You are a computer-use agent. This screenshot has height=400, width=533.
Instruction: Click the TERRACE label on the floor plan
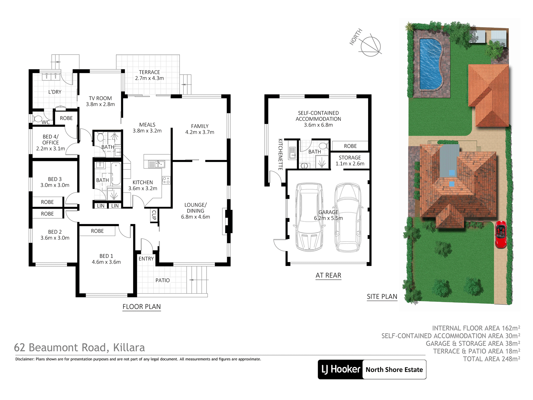[x=149, y=72]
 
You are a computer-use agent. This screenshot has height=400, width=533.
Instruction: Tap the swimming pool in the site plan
[x=431, y=64]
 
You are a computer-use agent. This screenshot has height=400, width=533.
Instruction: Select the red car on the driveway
[x=501, y=234]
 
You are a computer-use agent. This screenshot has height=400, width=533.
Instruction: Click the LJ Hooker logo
[x=340, y=369]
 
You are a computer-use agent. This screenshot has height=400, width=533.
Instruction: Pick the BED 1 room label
[x=106, y=256]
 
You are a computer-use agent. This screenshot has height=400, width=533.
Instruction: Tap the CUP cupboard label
[x=154, y=215]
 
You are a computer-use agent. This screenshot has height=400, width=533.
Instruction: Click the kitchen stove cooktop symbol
[x=166, y=180]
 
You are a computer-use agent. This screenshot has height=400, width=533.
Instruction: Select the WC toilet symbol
[x=37, y=119]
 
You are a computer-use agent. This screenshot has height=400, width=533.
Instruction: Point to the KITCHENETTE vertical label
[x=280, y=154]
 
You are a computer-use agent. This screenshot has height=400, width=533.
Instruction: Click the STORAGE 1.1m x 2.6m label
[x=350, y=161]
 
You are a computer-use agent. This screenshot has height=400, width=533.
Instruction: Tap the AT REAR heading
[x=328, y=275]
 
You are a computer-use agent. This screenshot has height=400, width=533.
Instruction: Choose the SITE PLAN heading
[x=382, y=297]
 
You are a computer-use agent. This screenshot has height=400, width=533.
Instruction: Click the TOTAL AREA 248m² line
[x=491, y=359]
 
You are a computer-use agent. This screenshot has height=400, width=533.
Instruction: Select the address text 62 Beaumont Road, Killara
[x=79, y=348]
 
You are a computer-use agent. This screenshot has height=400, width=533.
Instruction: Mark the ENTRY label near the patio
[x=146, y=259]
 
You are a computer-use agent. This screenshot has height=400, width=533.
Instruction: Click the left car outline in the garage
[x=309, y=217]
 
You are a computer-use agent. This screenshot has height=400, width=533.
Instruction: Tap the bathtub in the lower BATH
[x=116, y=174]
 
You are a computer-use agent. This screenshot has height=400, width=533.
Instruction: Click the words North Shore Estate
[x=394, y=370]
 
